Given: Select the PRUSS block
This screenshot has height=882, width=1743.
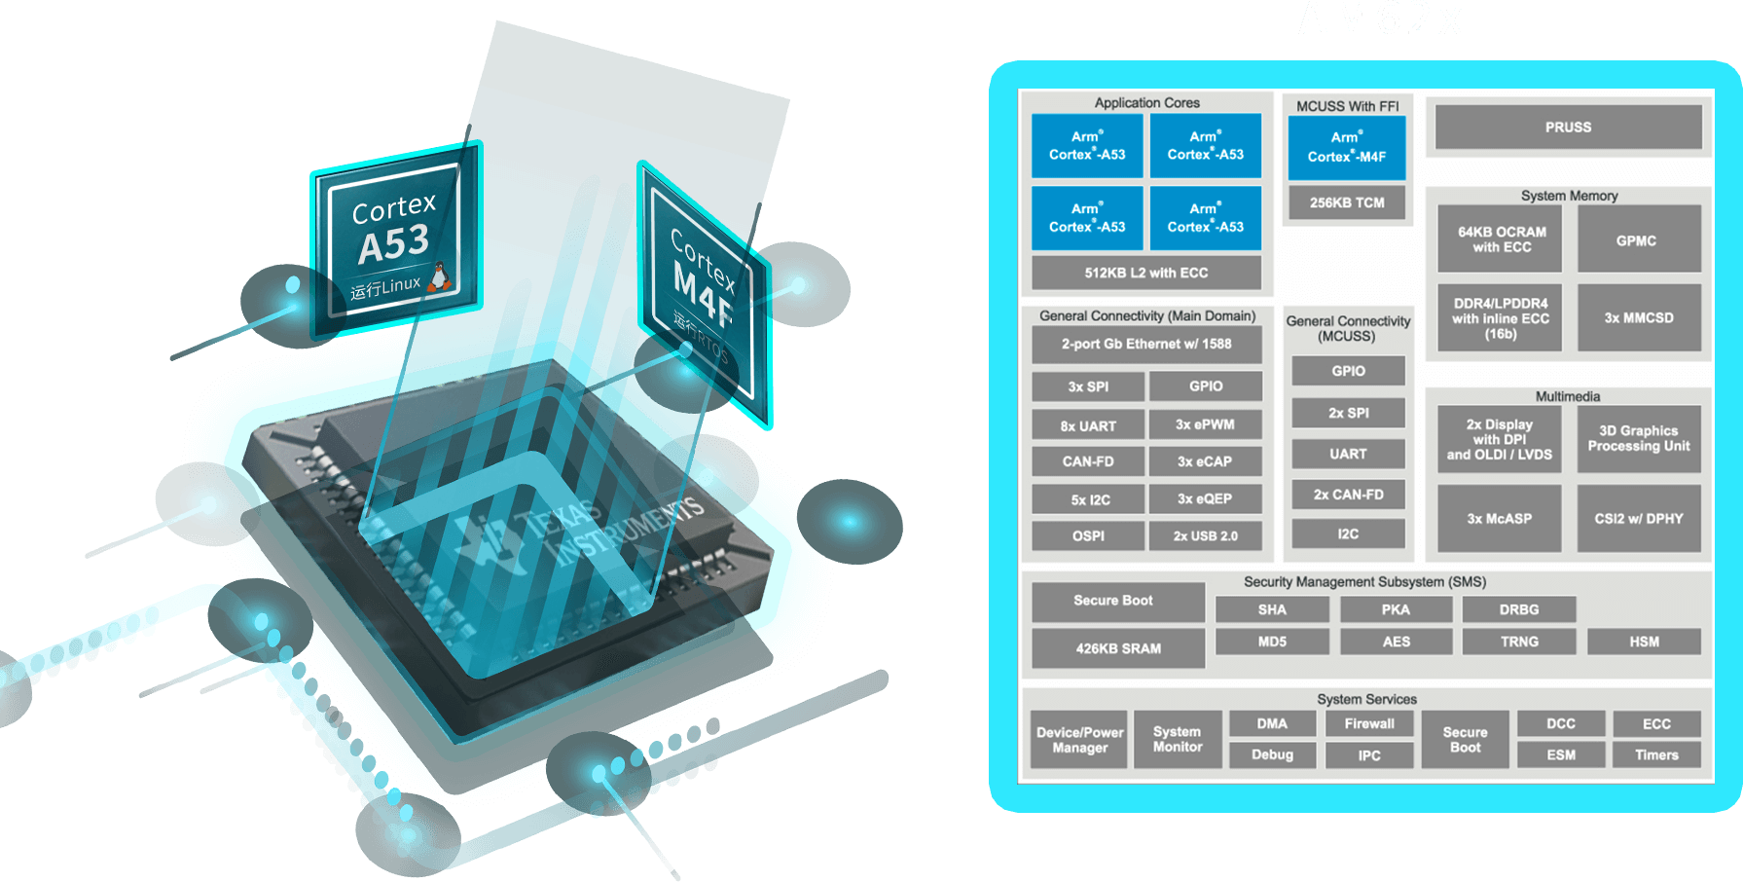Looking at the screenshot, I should pos(1568,128).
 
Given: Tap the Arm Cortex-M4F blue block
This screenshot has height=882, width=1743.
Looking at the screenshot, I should pos(1347,147).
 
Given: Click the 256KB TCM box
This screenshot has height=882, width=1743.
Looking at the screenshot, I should pos(1347,202).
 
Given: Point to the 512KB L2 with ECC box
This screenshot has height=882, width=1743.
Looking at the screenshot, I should pos(1145,273).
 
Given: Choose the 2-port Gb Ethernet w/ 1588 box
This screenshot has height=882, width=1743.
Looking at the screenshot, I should pos(1145,344).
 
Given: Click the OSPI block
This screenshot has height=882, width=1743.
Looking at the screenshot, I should pos(1088,535).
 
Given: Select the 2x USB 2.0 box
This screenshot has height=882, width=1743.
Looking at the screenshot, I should pos(1205,535).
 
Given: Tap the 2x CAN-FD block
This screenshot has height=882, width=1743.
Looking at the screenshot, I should pos(1348,495).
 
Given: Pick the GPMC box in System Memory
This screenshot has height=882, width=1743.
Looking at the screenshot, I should pos(1636,240).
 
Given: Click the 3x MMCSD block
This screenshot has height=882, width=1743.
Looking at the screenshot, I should pos(1639,317).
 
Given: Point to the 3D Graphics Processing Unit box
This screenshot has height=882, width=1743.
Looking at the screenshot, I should pos(1639,438).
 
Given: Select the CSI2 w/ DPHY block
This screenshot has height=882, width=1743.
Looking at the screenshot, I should pos(1639,519).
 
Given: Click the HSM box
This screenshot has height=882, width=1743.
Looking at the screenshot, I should pos(1644,642).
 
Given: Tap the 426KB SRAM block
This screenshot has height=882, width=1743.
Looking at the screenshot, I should pos(1118,648).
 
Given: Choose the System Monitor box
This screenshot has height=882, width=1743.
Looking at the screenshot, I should pos(1178,740).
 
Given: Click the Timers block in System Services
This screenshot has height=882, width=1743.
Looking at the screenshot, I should pos(1656,754).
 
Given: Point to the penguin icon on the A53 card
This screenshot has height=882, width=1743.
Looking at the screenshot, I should pos(440,277).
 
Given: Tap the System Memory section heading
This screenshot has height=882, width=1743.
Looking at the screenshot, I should pos(1569,196).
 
